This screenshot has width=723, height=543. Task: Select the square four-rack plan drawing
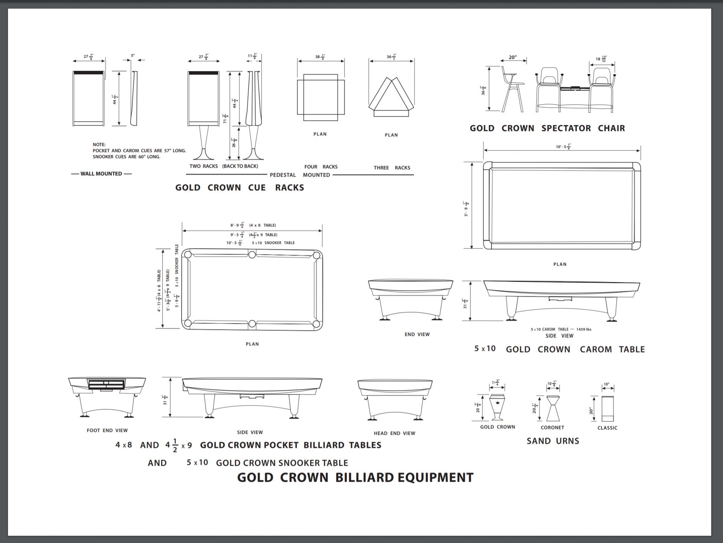click(x=320, y=97)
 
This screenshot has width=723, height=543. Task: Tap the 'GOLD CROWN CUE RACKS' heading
click(x=239, y=188)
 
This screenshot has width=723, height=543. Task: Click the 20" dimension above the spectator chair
click(x=513, y=58)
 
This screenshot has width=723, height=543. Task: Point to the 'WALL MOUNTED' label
click(x=101, y=174)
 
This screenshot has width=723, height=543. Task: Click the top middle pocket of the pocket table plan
click(x=252, y=255)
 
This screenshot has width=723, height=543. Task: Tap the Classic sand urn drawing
click(x=607, y=409)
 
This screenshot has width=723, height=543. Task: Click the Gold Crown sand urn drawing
click(x=498, y=407)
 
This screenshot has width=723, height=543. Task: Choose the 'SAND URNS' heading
click(x=553, y=441)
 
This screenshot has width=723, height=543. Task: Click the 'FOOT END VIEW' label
click(x=107, y=430)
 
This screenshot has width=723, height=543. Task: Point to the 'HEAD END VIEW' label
click(x=394, y=433)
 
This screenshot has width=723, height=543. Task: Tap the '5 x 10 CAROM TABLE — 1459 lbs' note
click(x=561, y=329)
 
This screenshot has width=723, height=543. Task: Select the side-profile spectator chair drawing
click(x=513, y=89)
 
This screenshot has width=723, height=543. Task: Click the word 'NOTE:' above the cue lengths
click(x=99, y=145)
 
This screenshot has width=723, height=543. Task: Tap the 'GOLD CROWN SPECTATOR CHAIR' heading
click(x=547, y=128)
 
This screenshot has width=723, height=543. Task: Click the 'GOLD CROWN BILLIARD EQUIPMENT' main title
click(x=355, y=477)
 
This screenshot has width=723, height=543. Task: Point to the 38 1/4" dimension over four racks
click(x=320, y=57)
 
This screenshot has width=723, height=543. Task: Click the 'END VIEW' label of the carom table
click(x=417, y=334)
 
